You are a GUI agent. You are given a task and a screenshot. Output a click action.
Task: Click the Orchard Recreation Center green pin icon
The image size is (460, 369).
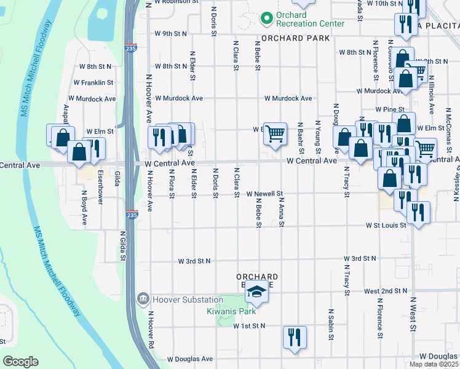(x=266, y=18)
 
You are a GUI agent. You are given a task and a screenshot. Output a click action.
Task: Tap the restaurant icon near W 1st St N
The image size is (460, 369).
(x=294, y=336)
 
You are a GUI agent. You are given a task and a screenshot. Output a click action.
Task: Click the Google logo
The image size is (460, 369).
(x=20, y=362)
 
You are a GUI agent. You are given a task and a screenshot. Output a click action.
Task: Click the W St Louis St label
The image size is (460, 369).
(x=386, y=225)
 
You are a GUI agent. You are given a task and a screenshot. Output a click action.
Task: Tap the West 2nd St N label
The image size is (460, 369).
(x=386, y=290)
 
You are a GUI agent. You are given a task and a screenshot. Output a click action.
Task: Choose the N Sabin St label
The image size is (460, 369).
(x=331, y=325)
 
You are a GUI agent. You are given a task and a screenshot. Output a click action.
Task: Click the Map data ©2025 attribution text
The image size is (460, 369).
(x=434, y=364)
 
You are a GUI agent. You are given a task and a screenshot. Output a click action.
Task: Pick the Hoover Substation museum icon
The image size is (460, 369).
(x=143, y=300)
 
